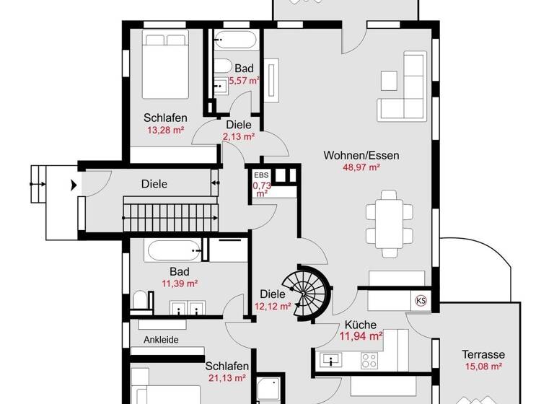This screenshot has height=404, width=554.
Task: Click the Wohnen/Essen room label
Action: coord(361,155)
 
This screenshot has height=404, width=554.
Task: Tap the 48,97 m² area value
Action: coord(361,167)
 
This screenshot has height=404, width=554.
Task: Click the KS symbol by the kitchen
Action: coord(421,300)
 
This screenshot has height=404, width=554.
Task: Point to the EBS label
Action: coord(260,175)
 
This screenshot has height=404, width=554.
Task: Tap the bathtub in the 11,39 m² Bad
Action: coord(173,252)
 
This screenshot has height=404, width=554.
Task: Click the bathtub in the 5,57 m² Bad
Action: coord(233,39)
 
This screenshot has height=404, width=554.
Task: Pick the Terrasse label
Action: coord(483,354)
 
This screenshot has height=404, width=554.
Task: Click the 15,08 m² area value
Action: coord(483,366)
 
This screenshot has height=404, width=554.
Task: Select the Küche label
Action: coord(361,325)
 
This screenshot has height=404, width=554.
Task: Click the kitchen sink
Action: coord(334,359)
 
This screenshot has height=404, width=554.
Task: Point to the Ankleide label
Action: coord(161,340)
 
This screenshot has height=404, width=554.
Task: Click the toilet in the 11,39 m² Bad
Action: coord(142,300)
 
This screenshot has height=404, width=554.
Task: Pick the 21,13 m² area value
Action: coord(227,377)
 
